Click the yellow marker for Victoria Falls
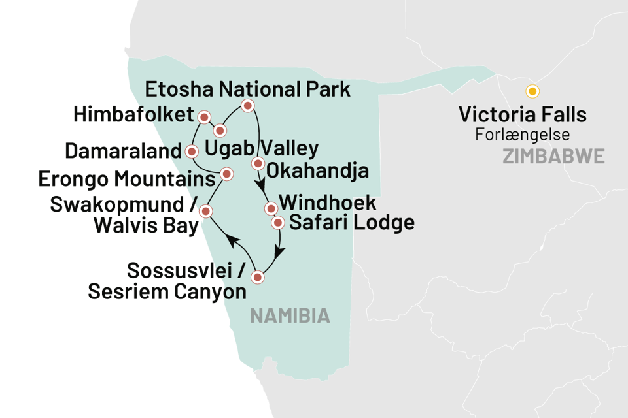coord(532,91)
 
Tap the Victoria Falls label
coord(522,116)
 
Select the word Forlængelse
coord(522,136)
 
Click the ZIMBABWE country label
coord(553,157)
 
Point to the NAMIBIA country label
coord(290,317)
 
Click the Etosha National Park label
coord(247,89)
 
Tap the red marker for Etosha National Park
coord(247,106)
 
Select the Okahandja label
coord(319,171)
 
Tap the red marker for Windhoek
coord(270,209)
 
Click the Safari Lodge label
coord(351,223)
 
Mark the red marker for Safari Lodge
coord(277,223)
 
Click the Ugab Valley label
coord(262,148)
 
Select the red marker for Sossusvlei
coord(258,277)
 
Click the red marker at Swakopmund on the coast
coord(205,211)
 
